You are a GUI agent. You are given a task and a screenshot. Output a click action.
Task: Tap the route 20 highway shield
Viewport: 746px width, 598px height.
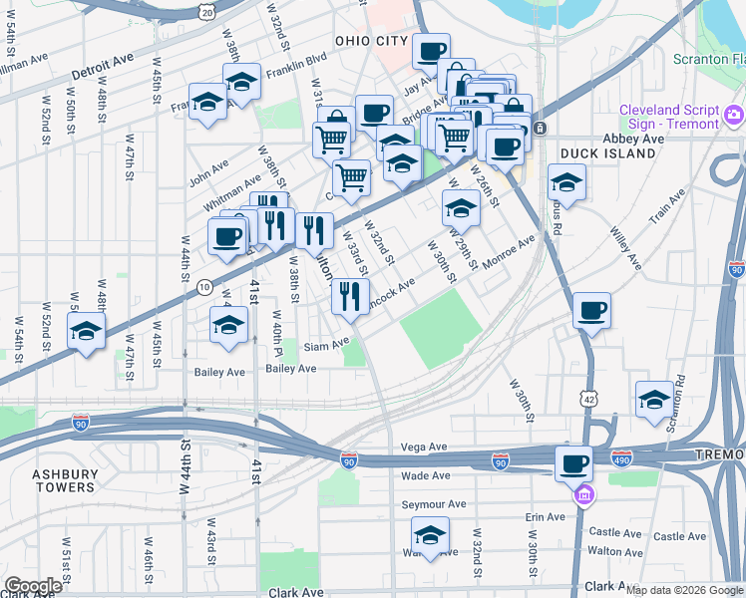coord(205,9)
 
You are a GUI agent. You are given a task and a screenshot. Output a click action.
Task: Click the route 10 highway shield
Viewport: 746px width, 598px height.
coord(203,287)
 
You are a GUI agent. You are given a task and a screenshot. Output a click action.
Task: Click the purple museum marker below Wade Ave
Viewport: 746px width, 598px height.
coord(583,493)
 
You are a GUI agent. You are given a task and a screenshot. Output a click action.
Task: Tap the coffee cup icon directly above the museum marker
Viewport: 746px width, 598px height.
coord(574,463)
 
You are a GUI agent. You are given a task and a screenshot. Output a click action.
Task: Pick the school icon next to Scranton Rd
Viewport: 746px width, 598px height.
coord(654,398)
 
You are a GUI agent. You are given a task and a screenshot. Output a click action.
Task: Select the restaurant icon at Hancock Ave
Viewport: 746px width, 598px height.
coord(350,295)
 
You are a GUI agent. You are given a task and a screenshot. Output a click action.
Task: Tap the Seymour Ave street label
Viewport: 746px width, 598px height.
coord(434,504)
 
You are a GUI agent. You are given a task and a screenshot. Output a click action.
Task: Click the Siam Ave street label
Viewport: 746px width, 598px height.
coord(327,345)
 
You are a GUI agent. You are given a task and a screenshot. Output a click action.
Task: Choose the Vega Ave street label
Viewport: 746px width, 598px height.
coord(420,448)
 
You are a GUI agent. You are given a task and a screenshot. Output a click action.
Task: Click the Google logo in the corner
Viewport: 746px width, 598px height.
coord(33,586)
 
